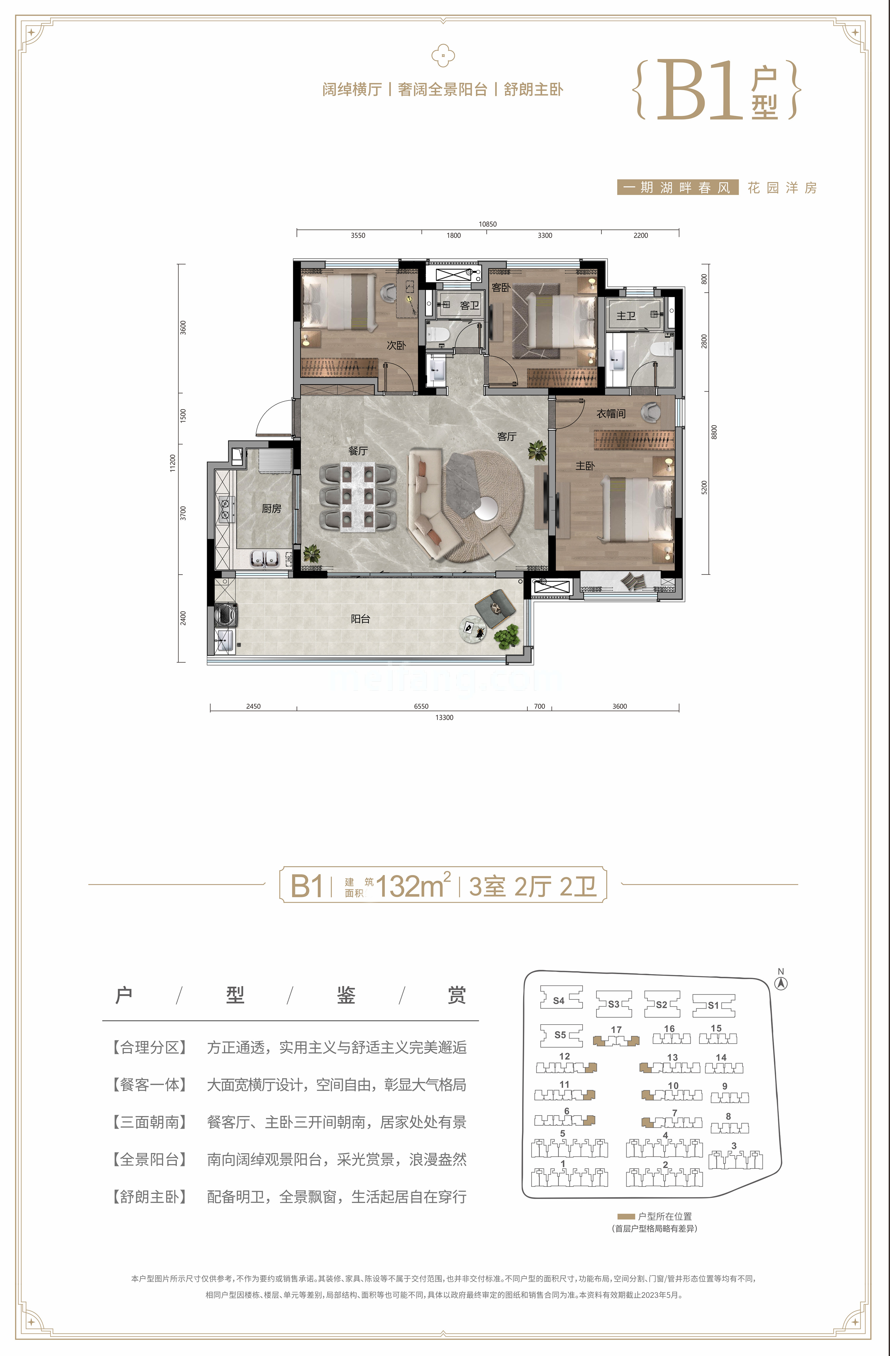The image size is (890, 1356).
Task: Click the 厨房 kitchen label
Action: click(271, 508)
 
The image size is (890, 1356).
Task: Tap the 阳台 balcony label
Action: click(360, 619)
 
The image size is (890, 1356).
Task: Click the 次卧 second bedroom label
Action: click(396, 345)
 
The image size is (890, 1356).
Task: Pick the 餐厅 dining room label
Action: click(358, 451)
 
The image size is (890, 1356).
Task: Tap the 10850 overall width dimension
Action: click(487, 224)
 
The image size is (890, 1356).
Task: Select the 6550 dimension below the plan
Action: click(421, 706)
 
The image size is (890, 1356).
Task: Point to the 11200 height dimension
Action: click(173, 463)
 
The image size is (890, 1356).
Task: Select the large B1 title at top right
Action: click(700, 91)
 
